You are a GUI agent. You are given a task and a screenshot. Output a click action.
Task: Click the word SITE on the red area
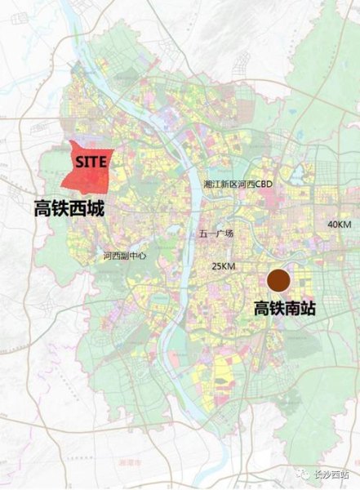[91, 163]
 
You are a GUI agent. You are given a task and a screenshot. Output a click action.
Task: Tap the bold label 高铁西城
[69, 209]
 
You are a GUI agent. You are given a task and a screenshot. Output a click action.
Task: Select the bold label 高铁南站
[284, 310]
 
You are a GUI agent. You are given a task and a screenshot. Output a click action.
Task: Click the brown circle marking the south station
[280, 281]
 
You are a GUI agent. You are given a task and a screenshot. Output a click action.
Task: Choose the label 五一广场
[216, 234]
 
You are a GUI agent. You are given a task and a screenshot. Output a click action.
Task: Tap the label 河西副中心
[125, 256]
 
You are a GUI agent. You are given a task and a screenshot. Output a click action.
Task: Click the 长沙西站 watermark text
[335, 474]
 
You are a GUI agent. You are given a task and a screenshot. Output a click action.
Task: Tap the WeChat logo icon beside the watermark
[304, 474]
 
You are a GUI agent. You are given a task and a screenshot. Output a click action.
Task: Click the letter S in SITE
[79, 163]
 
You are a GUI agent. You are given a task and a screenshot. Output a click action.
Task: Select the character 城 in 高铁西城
[96, 209]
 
